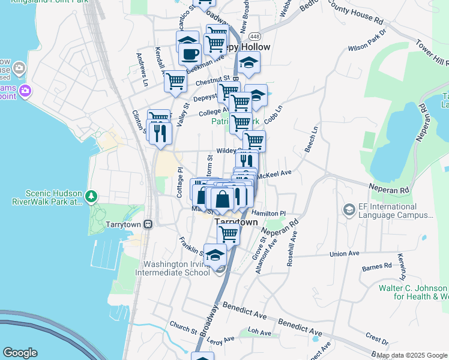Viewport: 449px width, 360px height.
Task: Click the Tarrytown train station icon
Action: point(148,224)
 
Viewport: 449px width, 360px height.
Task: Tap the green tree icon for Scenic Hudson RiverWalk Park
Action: point(91,196)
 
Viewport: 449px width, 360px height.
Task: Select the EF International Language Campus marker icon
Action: point(349,210)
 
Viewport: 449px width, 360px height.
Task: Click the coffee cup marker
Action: point(190,54)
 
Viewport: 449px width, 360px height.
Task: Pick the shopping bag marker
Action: point(222,199)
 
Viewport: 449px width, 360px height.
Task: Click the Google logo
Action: point(20,353)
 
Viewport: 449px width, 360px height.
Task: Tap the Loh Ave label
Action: point(260,331)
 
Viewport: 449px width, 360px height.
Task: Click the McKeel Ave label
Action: point(274,174)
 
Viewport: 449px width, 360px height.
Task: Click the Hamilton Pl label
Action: point(268,213)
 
